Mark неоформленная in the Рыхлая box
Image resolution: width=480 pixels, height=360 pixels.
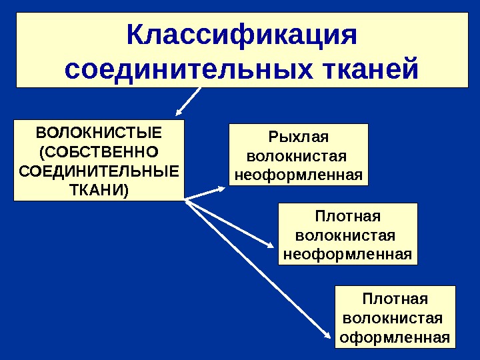point(298,176)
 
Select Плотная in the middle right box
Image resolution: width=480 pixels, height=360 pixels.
point(347,217)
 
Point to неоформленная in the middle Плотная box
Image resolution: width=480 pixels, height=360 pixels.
point(347,255)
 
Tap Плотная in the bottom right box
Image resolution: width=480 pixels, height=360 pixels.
point(395,297)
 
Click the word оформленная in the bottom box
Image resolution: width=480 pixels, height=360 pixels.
point(395,336)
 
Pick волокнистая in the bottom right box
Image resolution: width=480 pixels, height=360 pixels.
point(393,317)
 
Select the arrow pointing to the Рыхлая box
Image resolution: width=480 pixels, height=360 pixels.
point(207,193)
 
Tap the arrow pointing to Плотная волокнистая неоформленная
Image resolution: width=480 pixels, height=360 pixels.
point(230,223)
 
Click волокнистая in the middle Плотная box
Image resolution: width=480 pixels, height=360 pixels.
point(345,235)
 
